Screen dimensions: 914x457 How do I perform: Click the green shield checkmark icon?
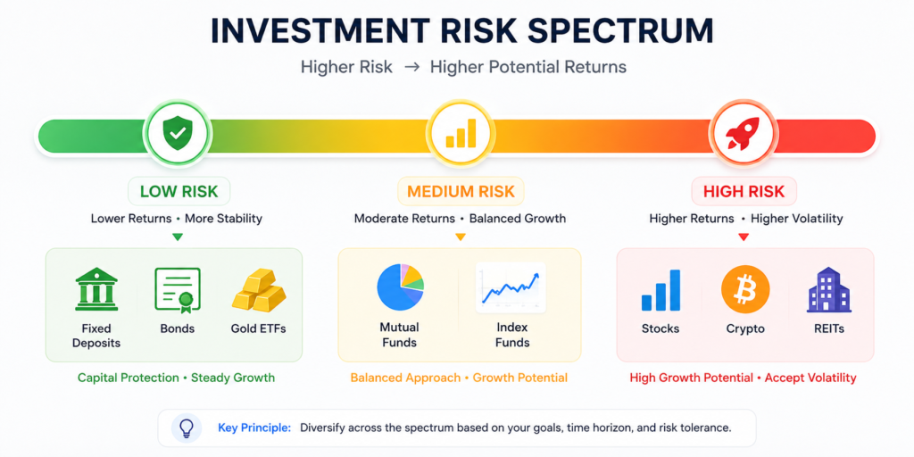(x=179, y=134)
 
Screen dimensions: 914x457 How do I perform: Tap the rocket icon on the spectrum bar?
(x=742, y=134)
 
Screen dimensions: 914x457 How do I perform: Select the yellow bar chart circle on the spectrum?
(x=461, y=134)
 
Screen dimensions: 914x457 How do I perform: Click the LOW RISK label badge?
(x=179, y=191)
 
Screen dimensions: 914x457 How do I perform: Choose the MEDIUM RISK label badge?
(x=461, y=191)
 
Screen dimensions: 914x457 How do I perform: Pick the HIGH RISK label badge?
(x=744, y=191)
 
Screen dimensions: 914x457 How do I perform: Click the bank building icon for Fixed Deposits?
(x=96, y=289)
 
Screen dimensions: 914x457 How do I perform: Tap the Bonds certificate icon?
(x=178, y=289)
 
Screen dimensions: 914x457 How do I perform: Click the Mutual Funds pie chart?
(x=401, y=287)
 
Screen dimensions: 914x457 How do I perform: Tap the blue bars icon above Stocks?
(x=661, y=290)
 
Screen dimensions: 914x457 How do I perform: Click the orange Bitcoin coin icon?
(x=745, y=289)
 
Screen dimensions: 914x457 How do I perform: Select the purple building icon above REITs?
(x=829, y=289)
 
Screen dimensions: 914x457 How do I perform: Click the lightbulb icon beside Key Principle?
(x=186, y=428)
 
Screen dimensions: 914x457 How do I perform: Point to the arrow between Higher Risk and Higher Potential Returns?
(x=411, y=67)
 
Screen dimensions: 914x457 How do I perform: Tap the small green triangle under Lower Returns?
(x=178, y=237)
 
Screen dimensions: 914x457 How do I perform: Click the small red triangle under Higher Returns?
(x=743, y=237)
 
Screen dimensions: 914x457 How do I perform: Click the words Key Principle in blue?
(x=254, y=428)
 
